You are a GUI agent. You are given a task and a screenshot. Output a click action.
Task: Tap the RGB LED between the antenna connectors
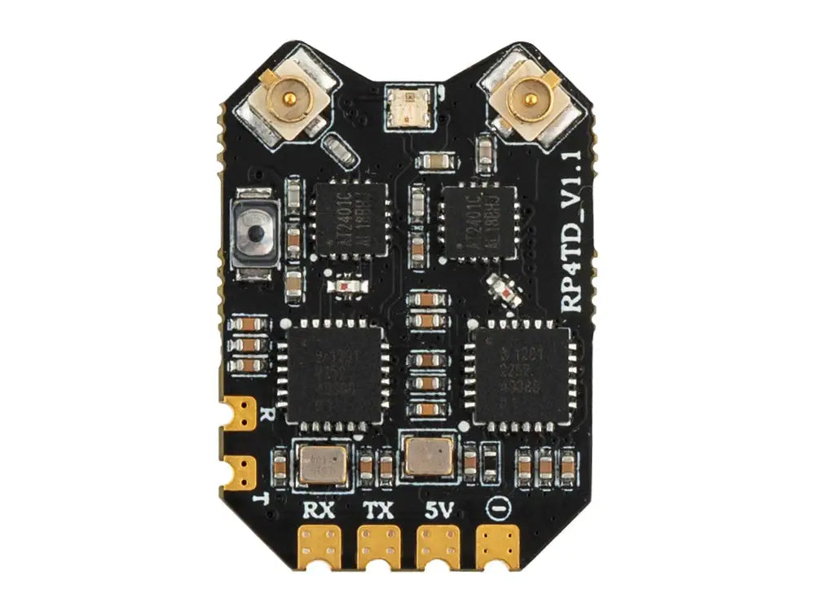pyautogui.click(x=407, y=106)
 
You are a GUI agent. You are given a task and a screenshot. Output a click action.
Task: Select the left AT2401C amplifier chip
pyautogui.click(x=351, y=219)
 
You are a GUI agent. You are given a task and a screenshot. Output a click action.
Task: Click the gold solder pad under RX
pyautogui.click(x=320, y=545)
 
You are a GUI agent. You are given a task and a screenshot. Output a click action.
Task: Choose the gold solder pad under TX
pyautogui.click(x=378, y=545)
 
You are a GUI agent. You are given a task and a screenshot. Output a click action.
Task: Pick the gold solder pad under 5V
pyautogui.click(x=438, y=545)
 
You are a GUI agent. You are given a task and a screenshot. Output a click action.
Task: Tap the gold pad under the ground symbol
pyautogui.click(x=497, y=545)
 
